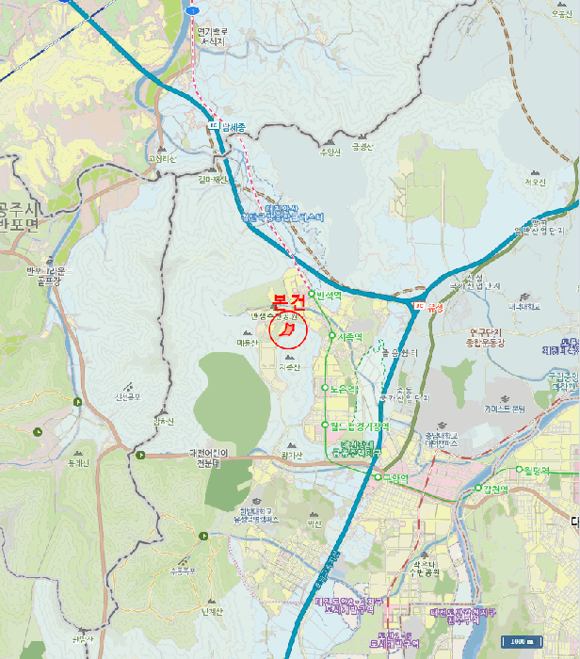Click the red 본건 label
[288, 302]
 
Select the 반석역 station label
[330, 295]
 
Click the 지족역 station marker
[331, 337]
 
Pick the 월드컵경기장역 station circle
[325, 425]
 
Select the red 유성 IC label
[434, 306]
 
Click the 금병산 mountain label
[362, 146]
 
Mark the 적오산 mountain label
[536, 184]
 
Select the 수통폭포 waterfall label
[182, 570]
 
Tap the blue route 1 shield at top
[192, 8]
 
